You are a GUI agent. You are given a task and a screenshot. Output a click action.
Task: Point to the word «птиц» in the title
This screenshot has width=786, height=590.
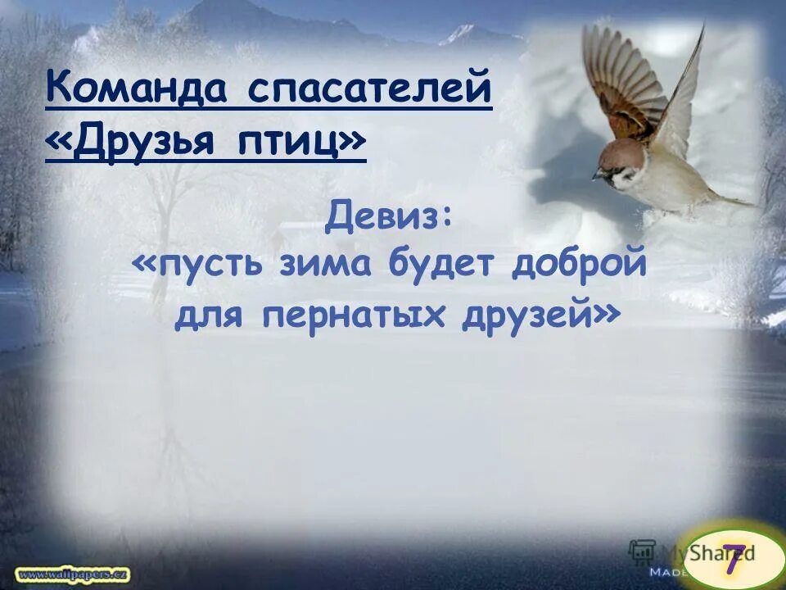(301, 143)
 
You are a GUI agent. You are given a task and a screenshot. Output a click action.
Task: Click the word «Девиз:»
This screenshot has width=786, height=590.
(389, 217)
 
